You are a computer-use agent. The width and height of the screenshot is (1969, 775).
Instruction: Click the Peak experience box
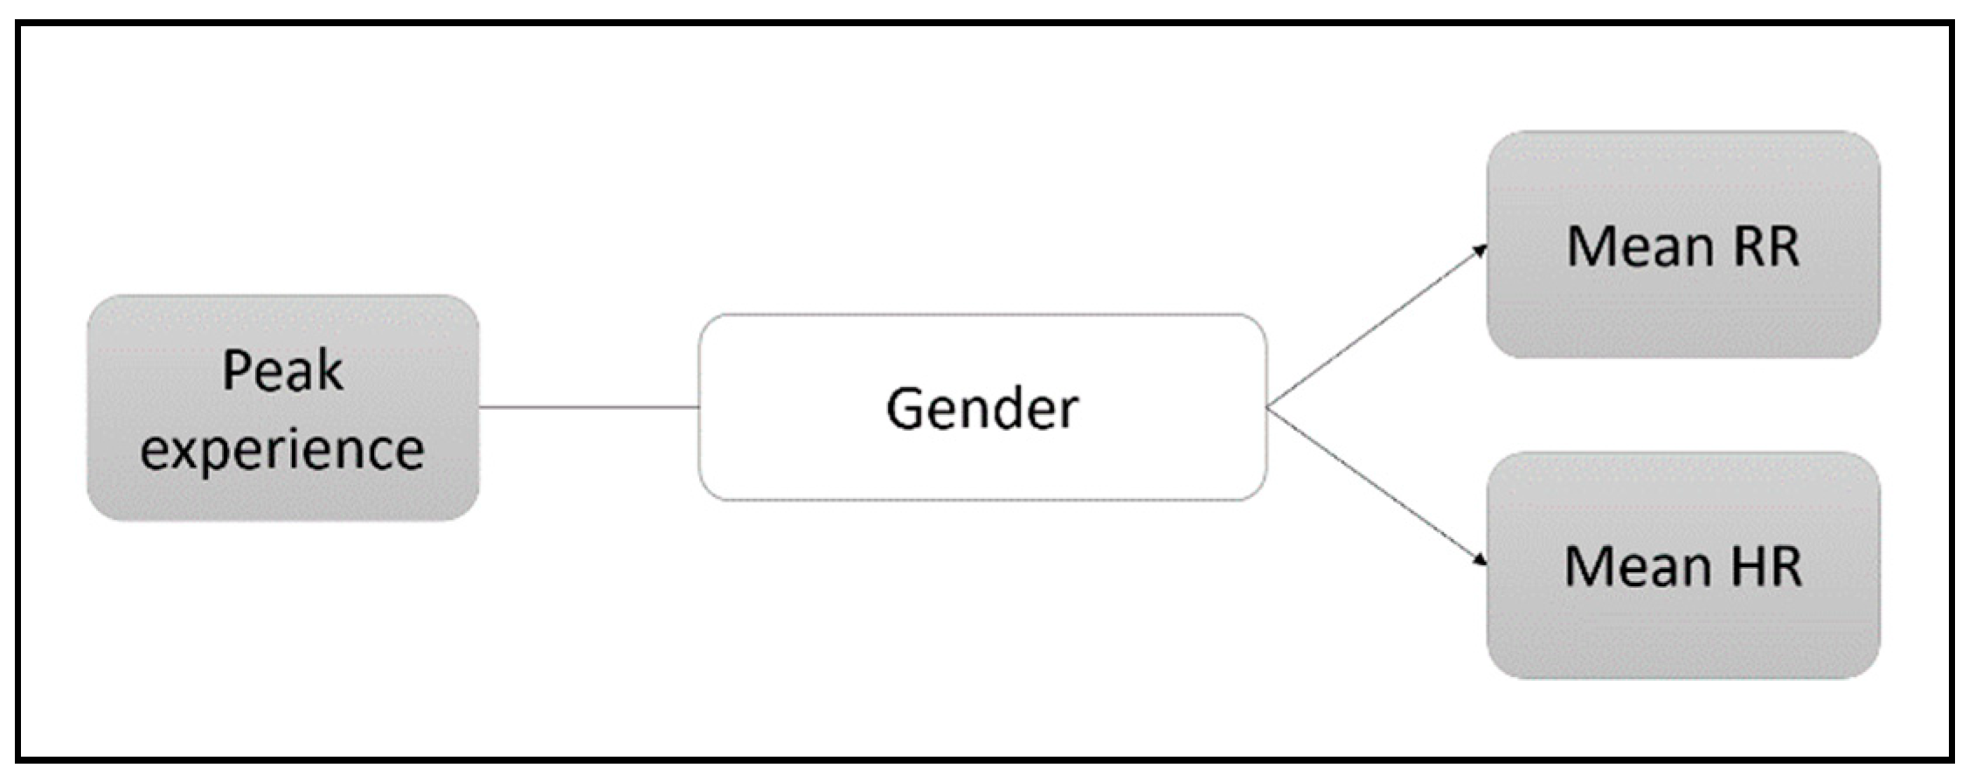tap(283, 408)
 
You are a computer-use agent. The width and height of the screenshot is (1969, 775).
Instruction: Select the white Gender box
tap(982, 407)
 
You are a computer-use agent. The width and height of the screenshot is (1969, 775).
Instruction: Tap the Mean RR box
tap(1683, 245)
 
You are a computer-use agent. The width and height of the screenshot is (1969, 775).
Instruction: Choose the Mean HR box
tap(1683, 565)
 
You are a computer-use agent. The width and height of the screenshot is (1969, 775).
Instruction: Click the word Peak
tap(283, 370)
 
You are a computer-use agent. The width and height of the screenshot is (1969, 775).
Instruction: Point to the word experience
tap(283, 451)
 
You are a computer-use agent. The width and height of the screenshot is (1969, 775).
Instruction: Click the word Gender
tap(982, 409)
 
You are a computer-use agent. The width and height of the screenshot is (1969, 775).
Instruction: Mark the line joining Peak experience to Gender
tap(589, 407)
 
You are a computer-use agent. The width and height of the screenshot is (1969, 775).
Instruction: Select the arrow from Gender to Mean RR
tap(1377, 327)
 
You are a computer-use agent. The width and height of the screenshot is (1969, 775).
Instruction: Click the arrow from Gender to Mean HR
tap(1377, 486)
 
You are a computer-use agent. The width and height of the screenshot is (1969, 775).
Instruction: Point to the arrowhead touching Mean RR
tap(1480, 251)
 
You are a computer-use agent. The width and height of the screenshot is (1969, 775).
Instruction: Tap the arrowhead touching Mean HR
tap(1480, 559)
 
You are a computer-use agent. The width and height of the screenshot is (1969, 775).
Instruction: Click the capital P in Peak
tap(237, 370)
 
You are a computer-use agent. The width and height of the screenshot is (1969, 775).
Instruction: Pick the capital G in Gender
tap(905, 408)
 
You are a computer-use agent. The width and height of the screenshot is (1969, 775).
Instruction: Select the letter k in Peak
tap(330, 370)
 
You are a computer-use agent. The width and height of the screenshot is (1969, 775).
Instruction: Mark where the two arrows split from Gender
tap(1268, 407)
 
